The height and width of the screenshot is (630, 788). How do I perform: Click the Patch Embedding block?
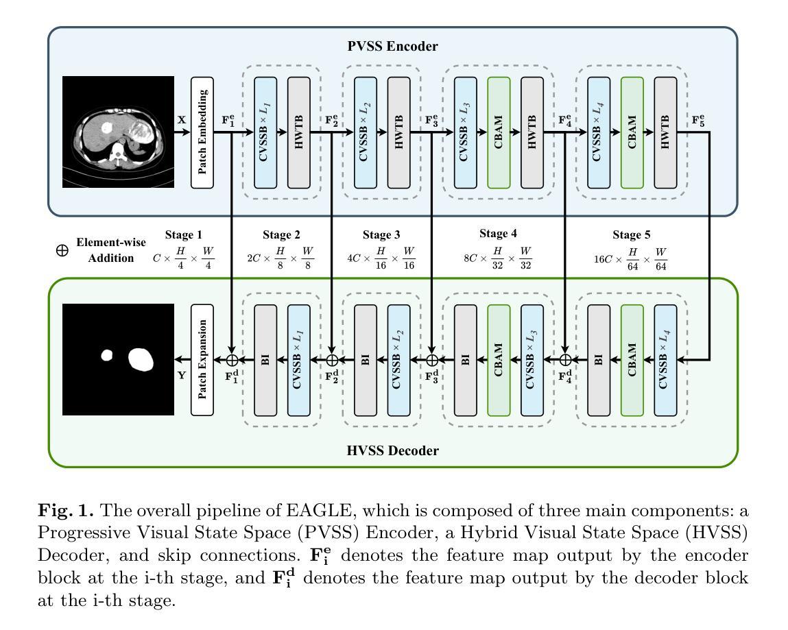pos(202,132)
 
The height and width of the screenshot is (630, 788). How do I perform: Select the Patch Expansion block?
pos(202,360)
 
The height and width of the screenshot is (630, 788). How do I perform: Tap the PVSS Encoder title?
pos(392,46)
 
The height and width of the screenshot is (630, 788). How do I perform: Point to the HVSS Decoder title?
pos(392,450)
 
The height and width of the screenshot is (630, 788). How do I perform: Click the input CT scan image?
pos(118,132)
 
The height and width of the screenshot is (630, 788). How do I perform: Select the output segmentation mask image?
pos(118,359)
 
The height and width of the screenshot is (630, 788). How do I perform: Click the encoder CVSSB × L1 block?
pos(265,132)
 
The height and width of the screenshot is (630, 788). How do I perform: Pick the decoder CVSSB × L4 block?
pos(665,360)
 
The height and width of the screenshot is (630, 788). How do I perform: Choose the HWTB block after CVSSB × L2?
pos(398,132)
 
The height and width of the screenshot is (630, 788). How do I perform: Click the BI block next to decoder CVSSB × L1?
pos(265,360)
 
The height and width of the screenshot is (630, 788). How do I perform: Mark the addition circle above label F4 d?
pos(565,360)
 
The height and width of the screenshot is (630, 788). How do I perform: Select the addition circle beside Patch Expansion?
pos(232,360)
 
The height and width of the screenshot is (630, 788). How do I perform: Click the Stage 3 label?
pos(381,234)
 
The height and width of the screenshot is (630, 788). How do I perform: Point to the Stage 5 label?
pos(631,234)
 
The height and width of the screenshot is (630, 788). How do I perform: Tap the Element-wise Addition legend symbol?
pos(62,250)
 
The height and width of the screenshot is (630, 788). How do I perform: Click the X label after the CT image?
pos(182,120)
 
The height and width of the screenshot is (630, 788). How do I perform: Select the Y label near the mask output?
pos(182,375)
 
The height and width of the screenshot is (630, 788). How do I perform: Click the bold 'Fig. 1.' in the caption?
pos(66,511)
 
